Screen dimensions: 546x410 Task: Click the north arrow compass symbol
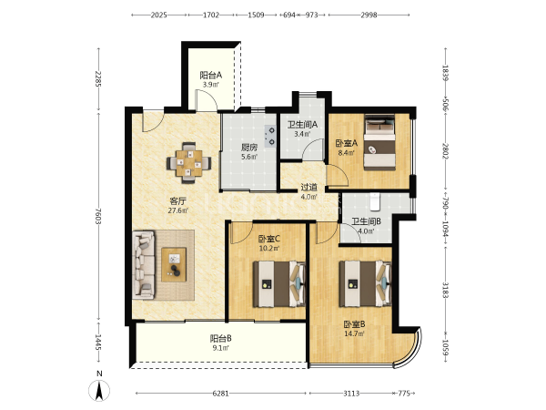coord(99,391)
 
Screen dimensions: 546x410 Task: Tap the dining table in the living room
coord(188,163)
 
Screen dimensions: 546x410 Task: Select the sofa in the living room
coord(144,264)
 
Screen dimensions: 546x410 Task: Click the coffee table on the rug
coord(174,264)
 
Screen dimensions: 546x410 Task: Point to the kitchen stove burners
coord(270,136)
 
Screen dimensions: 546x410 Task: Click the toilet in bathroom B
coord(375,202)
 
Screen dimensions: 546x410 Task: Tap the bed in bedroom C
coord(279,284)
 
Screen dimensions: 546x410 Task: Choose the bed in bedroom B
coord(365,284)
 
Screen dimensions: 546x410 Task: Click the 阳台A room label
coord(211,76)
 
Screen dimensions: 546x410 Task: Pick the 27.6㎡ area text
coord(178,210)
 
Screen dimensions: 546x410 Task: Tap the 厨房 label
coord(249,148)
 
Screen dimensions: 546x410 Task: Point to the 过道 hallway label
coord(309,188)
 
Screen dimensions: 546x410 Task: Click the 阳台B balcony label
coord(221,339)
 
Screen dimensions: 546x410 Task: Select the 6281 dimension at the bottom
coord(221,394)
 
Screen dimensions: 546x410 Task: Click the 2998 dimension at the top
coord(369,15)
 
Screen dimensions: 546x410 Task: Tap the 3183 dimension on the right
coord(445,290)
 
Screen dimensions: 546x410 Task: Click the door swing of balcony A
coord(207,99)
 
